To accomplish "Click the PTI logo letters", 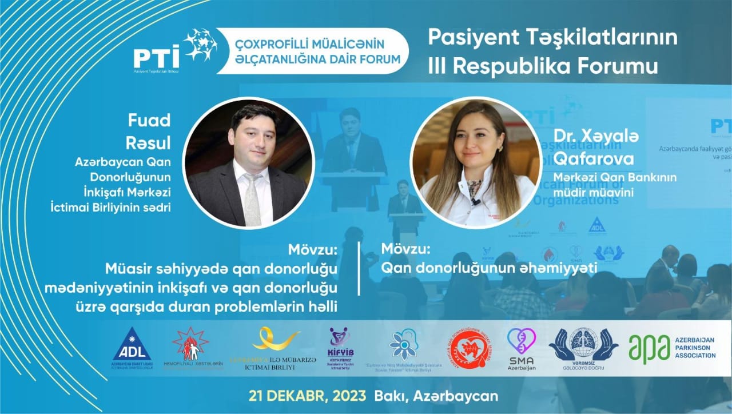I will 156,57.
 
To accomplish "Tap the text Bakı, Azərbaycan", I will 436,396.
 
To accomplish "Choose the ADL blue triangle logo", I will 132,346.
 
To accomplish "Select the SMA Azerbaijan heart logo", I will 522,341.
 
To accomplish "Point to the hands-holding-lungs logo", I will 583,344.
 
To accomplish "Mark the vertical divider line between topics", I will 359,269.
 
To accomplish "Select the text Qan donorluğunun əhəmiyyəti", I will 489,268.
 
